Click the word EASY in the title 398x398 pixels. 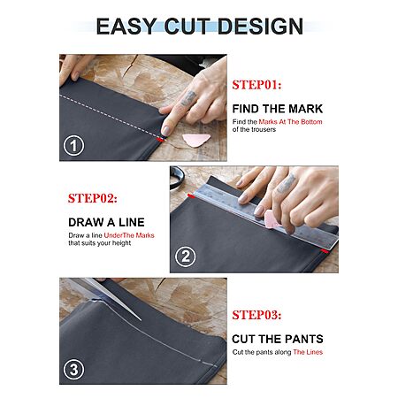point(126,27)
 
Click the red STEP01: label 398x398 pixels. point(256,85)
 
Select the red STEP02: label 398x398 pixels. point(92,198)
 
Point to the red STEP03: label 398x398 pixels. point(256,315)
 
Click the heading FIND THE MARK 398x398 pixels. point(278,109)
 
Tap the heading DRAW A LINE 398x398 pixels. point(106,222)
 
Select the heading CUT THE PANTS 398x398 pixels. point(278,339)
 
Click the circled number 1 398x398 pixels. point(73,145)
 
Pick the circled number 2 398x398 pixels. point(185,256)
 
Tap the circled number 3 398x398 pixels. point(73,370)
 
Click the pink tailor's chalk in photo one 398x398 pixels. point(195,140)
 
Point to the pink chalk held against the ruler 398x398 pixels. point(272,219)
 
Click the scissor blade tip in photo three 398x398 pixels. point(141,320)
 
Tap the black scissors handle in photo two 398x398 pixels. point(177,177)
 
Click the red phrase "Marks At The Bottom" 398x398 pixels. point(290,122)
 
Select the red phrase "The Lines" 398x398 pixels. point(308,352)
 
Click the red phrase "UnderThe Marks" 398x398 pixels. point(129,235)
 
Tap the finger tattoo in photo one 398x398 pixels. point(188,98)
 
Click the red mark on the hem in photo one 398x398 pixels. point(160,139)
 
